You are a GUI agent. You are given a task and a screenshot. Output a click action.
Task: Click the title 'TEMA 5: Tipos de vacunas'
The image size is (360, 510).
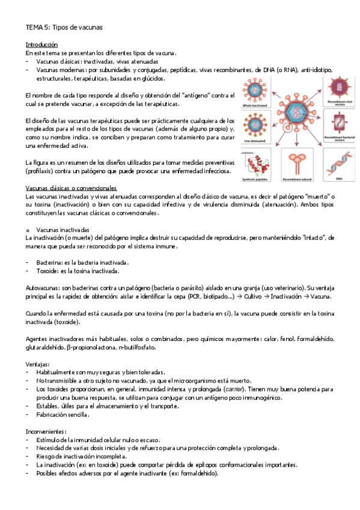[64, 27]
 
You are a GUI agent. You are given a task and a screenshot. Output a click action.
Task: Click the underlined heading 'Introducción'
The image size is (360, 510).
[41, 45]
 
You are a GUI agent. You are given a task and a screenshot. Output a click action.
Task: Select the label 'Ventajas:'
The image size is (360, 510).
[38, 364]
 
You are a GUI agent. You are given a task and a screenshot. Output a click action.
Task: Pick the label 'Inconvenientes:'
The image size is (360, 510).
[46, 431]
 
